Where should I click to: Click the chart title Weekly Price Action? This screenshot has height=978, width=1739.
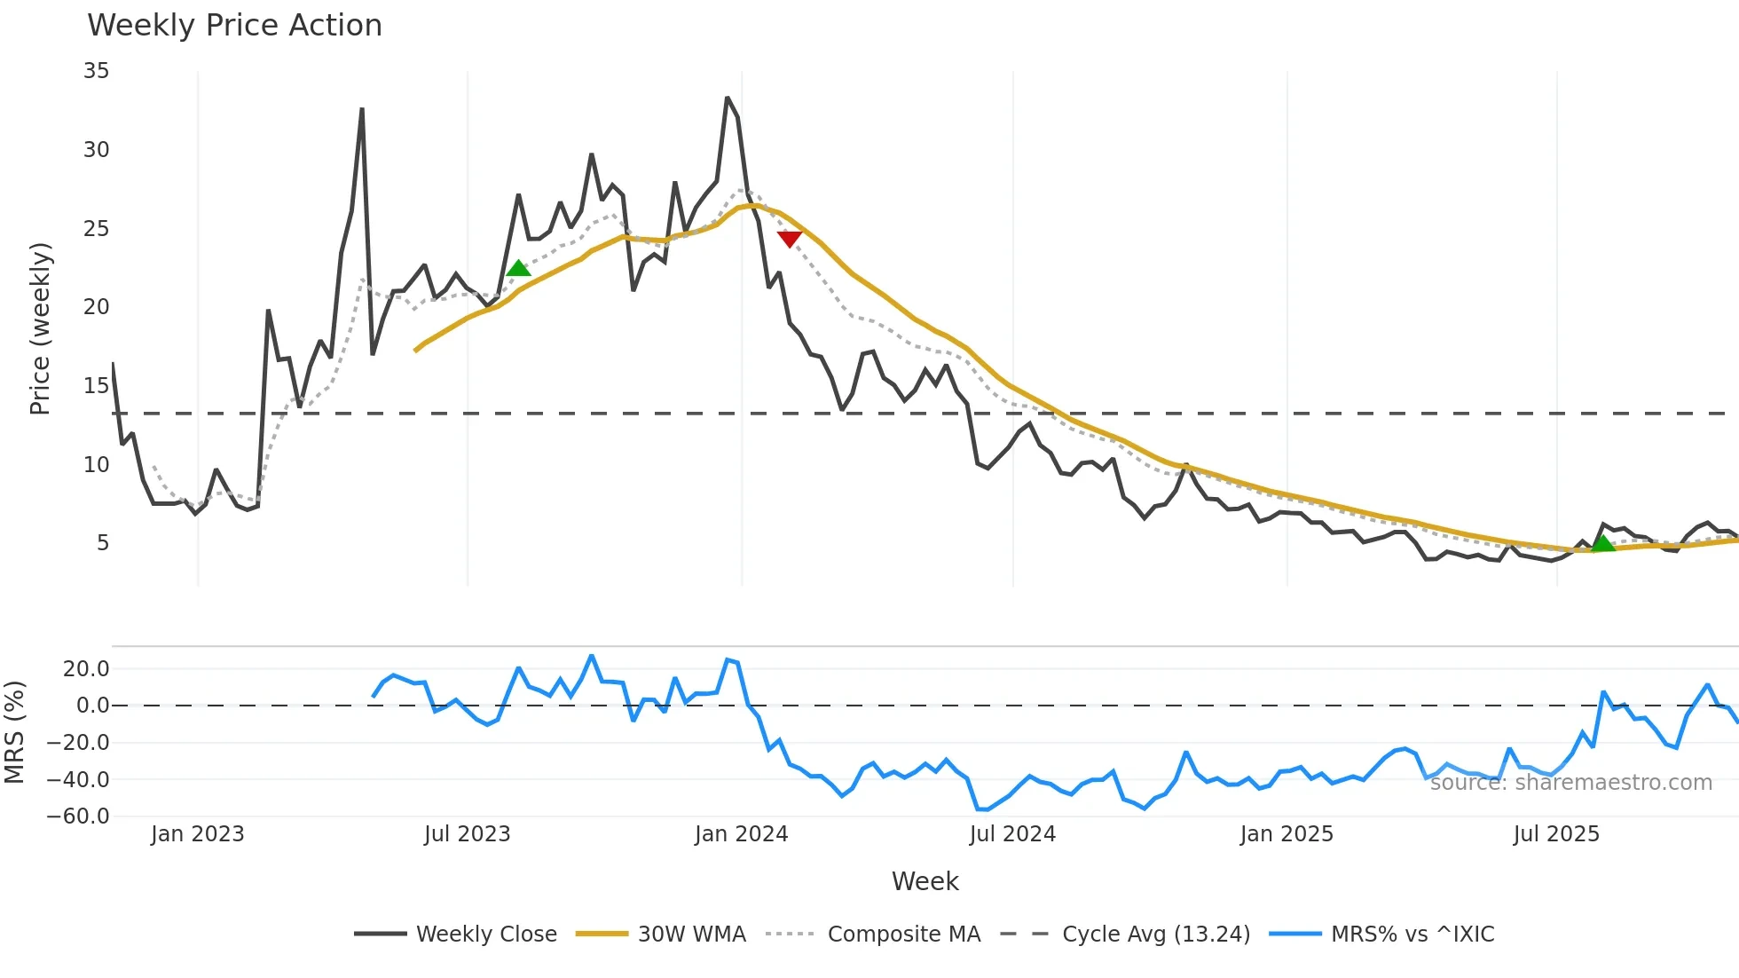(x=234, y=26)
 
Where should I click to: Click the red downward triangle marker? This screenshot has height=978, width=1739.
(x=789, y=239)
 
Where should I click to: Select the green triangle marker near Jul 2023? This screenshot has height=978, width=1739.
(x=518, y=268)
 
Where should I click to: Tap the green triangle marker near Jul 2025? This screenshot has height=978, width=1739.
(x=1603, y=543)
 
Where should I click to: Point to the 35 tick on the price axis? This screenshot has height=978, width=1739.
(x=97, y=71)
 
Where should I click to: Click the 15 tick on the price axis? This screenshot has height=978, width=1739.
(x=97, y=386)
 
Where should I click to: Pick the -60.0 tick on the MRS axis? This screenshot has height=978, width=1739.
(x=78, y=816)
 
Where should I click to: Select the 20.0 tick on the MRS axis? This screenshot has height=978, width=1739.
(x=86, y=669)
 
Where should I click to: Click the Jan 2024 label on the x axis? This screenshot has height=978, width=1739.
(x=741, y=834)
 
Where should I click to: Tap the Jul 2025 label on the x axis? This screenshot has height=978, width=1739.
(x=1556, y=834)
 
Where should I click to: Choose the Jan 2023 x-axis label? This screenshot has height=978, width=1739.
(x=197, y=834)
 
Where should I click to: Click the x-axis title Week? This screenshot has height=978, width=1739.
(x=925, y=881)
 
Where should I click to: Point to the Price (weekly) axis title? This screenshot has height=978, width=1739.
(x=40, y=328)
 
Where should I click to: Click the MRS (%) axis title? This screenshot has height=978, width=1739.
(x=14, y=732)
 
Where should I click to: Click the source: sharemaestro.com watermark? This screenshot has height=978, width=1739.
(x=1570, y=783)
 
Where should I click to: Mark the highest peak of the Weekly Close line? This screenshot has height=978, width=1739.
(x=728, y=98)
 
